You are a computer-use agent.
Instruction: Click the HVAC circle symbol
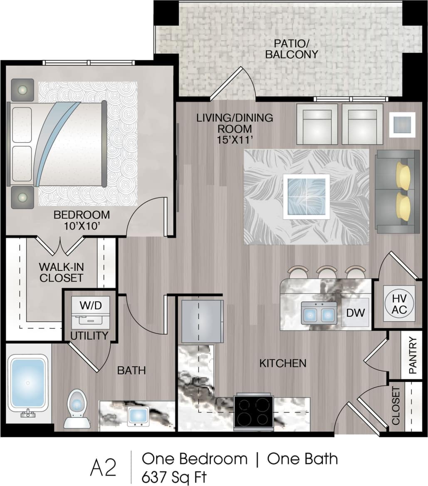(x=399, y=303)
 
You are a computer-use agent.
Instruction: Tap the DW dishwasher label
(x=355, y=312)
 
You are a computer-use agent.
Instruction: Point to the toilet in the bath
(x=77, y=408)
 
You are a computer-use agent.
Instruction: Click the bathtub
(x=27, y=382)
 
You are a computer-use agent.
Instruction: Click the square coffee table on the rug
(x=306, y=196)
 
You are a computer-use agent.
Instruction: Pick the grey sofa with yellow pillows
(x=397, y=191)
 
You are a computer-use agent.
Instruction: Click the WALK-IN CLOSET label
(x=61, y=272)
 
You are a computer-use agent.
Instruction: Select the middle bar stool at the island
(x=327, y=272)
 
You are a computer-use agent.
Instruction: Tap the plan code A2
(x=103, y=468)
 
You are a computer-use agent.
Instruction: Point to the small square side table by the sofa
(x=402, y=124)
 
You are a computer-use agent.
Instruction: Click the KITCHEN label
(x=282, y=363)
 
